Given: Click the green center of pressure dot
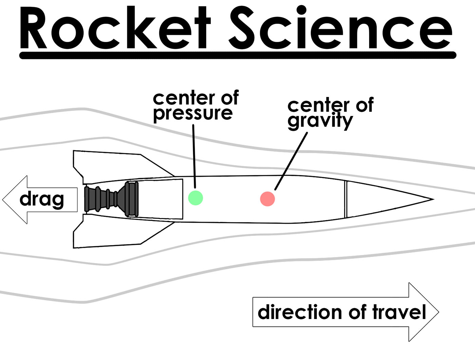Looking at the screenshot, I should [195, 198].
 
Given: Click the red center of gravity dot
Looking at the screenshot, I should [267, 199].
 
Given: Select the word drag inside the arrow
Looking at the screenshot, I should [42, 199].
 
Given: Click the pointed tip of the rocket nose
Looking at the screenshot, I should [433, 199].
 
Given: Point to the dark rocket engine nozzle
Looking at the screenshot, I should [111, 199].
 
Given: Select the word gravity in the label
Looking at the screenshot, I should [320, 121].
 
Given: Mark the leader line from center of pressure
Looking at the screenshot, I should [194, 156].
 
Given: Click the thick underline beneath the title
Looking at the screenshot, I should [237, 55].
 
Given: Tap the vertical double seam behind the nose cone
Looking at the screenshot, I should [346, 199].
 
